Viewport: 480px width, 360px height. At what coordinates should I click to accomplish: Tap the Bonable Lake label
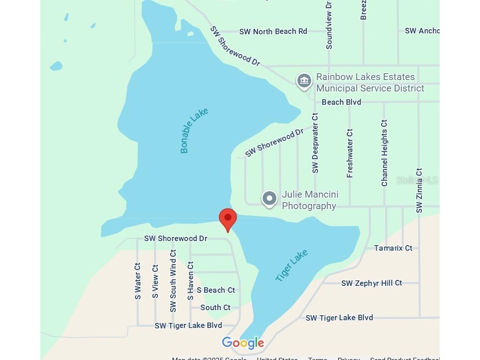tap(194, 130)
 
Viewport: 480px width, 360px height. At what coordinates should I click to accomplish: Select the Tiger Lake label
tap(291, 265)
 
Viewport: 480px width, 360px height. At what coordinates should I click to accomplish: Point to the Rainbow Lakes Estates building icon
tap(304, 81)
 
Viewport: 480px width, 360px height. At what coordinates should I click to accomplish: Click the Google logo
tap(243, 343)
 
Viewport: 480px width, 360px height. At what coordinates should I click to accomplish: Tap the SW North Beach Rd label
tap(273, 32)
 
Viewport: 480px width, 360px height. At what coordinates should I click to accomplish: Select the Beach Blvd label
tap(341, 102)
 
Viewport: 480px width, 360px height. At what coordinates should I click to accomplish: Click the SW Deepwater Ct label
tap(315, 143)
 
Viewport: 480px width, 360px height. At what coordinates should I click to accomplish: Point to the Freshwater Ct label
tap(350, 153)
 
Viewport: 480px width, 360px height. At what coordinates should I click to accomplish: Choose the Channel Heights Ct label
tap(384, 153)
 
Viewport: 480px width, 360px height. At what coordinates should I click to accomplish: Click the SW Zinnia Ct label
tap(419, 190)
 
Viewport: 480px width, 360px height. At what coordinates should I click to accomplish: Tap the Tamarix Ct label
tap(393, 248)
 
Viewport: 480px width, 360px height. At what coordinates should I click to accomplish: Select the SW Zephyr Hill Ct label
tap(372, 283)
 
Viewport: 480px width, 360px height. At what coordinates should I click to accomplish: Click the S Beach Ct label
tap(216, 290)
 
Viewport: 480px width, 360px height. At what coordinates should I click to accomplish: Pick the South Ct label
tap(215, 307)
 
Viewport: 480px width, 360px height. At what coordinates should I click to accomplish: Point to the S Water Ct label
tap(138, 281)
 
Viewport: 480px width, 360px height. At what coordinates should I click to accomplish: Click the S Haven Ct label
tap(191, 281)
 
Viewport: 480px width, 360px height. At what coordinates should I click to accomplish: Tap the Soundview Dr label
tap(329, 25)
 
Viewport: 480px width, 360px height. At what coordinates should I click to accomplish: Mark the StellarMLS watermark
tap(417, 180)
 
